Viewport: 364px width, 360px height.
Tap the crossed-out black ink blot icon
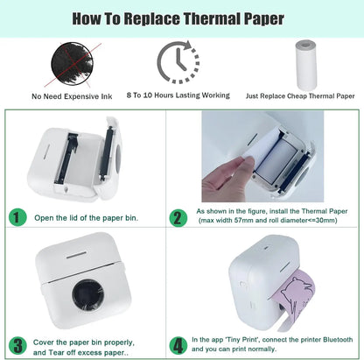click(73, 64)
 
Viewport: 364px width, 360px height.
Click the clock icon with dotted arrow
click(178, 62)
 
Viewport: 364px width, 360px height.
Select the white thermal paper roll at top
click(306, 65)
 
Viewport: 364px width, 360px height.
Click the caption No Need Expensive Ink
click(72, 96)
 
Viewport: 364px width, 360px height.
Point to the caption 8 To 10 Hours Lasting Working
click(178, 95)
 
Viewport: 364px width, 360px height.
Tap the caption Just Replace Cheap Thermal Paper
click(300, 95)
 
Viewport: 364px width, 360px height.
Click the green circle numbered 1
click(17, 217)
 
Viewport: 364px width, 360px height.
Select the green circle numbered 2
click(178, 217)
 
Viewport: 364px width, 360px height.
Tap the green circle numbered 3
click(17, 346)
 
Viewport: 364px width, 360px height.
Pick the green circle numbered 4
click(178, 346)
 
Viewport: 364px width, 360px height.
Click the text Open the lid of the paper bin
click(86, 218)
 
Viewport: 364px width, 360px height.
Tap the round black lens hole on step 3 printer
click(87, 295)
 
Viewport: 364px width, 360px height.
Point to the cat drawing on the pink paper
click(297, 292)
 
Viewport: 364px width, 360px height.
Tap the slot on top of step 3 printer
click(76, 255)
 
